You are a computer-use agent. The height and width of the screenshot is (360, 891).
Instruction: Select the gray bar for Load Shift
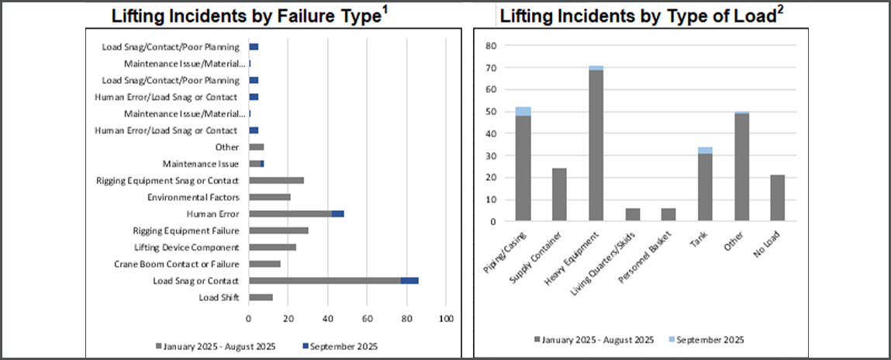pyautogui.click(x=261, y=297)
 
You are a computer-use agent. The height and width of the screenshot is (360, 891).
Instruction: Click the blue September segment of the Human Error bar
pyautogui.click(x=337, y=213)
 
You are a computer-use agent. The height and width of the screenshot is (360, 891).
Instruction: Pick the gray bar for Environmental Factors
pyautogui.click(x=269, y=197)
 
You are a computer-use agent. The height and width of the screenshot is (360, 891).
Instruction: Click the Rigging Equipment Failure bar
pyautogui.click(x=278, y=230)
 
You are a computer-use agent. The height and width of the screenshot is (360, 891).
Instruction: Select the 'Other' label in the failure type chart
pyautogui.click(x=227, y=147)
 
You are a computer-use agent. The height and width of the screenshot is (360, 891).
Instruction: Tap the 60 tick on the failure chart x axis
pyautogui.click(x=368, y=319)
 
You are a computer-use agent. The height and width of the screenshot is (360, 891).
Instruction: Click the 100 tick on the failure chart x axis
pyautogui.click(x=446, y=319)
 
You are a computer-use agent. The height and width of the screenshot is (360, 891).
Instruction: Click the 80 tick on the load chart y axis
pyautogui.click(x=490, y=45)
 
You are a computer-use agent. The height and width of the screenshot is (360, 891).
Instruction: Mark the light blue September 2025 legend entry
pyautogui.click(x=707, y=340)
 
